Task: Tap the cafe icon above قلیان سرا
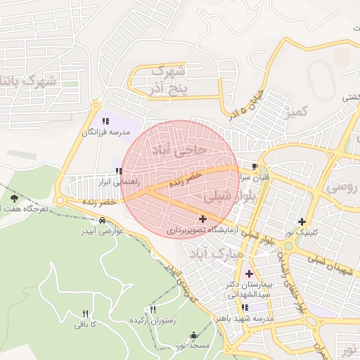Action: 254,167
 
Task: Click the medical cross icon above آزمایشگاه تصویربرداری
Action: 202,219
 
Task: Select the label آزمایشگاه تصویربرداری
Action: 201,230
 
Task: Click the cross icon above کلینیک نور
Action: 302,221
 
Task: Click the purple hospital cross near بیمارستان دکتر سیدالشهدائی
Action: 248,273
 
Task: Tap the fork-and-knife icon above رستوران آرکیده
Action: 153,309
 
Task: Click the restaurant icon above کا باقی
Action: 86,314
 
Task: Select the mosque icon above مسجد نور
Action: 194,335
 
